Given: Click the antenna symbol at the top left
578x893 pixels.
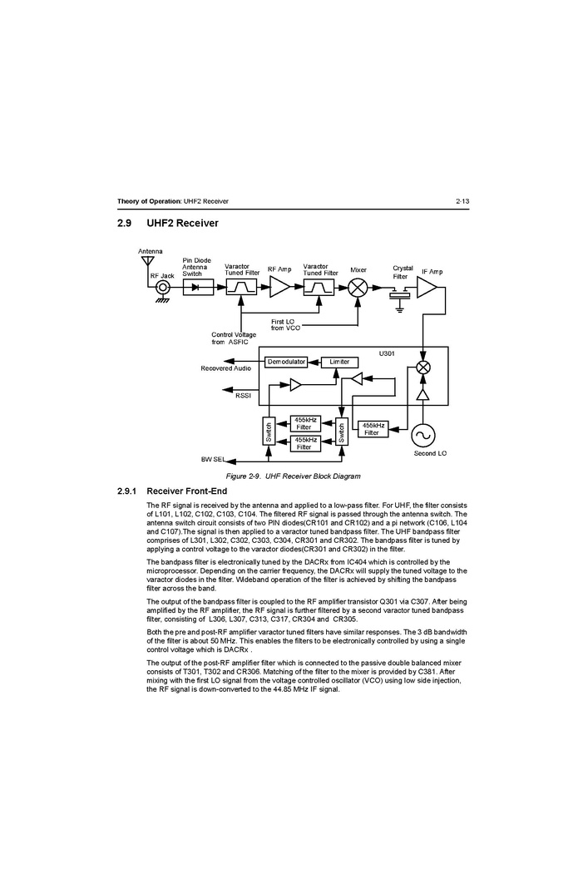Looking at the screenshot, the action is pos(147,262).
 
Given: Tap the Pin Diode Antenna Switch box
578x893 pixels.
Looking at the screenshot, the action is pos(198,288).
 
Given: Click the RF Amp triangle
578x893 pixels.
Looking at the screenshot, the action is pos(279,288).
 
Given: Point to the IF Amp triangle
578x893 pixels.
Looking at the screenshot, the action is pos(427,288).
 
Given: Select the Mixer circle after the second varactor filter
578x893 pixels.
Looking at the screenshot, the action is pos(358,288).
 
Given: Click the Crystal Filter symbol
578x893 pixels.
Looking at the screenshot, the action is pos(400,296).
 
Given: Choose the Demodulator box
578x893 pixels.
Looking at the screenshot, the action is pos(286,363).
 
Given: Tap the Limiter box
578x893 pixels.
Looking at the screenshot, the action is pos(339,363).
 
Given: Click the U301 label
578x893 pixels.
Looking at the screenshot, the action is pos(387,353).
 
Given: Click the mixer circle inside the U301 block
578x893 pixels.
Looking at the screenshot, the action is pos(423,368).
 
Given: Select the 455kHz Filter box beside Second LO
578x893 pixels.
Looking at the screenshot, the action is pos(373,429).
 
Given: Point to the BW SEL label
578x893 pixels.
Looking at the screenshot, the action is pos(213,460).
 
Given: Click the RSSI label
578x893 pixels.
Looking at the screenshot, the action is pos(243,396).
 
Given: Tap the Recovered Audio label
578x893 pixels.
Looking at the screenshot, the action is pos(225,368).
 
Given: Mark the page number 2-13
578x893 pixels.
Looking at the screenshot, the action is pos(462,201).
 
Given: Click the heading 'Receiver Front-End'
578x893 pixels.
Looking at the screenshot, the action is pos(187,491).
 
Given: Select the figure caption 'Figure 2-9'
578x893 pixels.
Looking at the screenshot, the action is pos(243,476).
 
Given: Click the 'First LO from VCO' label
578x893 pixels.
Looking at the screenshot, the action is pos(285,324).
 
